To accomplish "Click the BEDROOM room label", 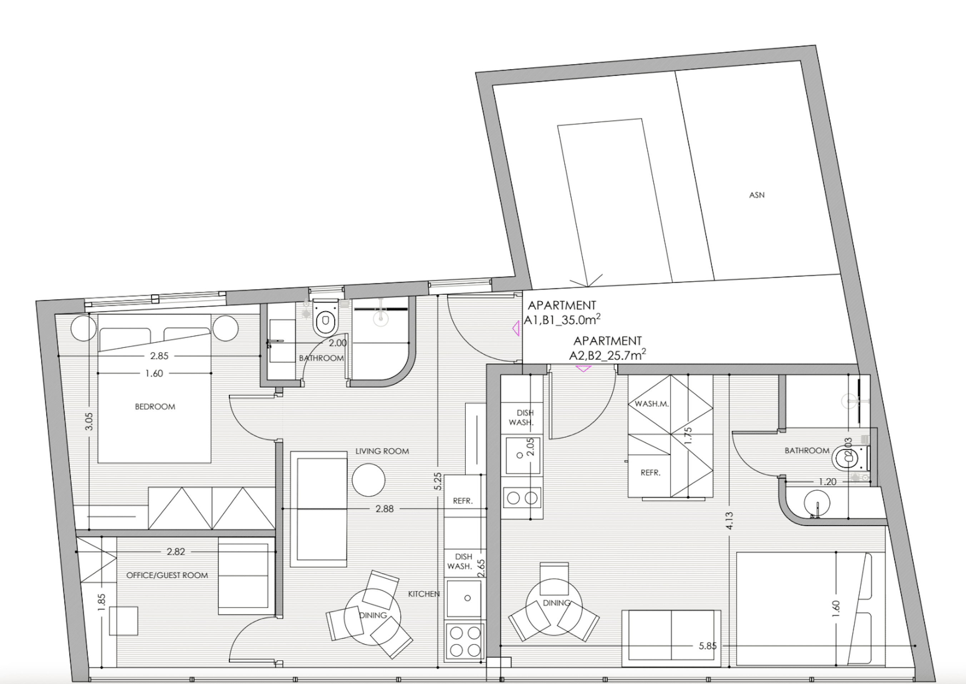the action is tap(155, 406).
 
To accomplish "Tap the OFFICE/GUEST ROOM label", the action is tap(167, 575).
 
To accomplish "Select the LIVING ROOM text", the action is tap(382, 451).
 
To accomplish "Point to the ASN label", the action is tap(757, 195).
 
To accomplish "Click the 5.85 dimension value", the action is tap(708, 646).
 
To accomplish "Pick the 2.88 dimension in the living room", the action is tap(384, 509).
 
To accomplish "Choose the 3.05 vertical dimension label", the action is tap(89, 421).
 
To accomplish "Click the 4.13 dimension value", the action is tap(730, 521).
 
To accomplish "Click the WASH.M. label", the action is tap(652, 403).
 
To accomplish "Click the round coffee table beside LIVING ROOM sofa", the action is tap(368, 480).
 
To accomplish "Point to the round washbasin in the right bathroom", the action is tap(817, 503).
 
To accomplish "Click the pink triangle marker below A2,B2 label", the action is tap(583, 368).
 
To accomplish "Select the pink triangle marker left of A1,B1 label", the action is tap(516, 328).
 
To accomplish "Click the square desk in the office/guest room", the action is tap(123, 621).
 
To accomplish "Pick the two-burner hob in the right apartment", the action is tap(522, 498).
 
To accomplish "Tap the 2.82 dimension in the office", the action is tap(175, 552).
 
